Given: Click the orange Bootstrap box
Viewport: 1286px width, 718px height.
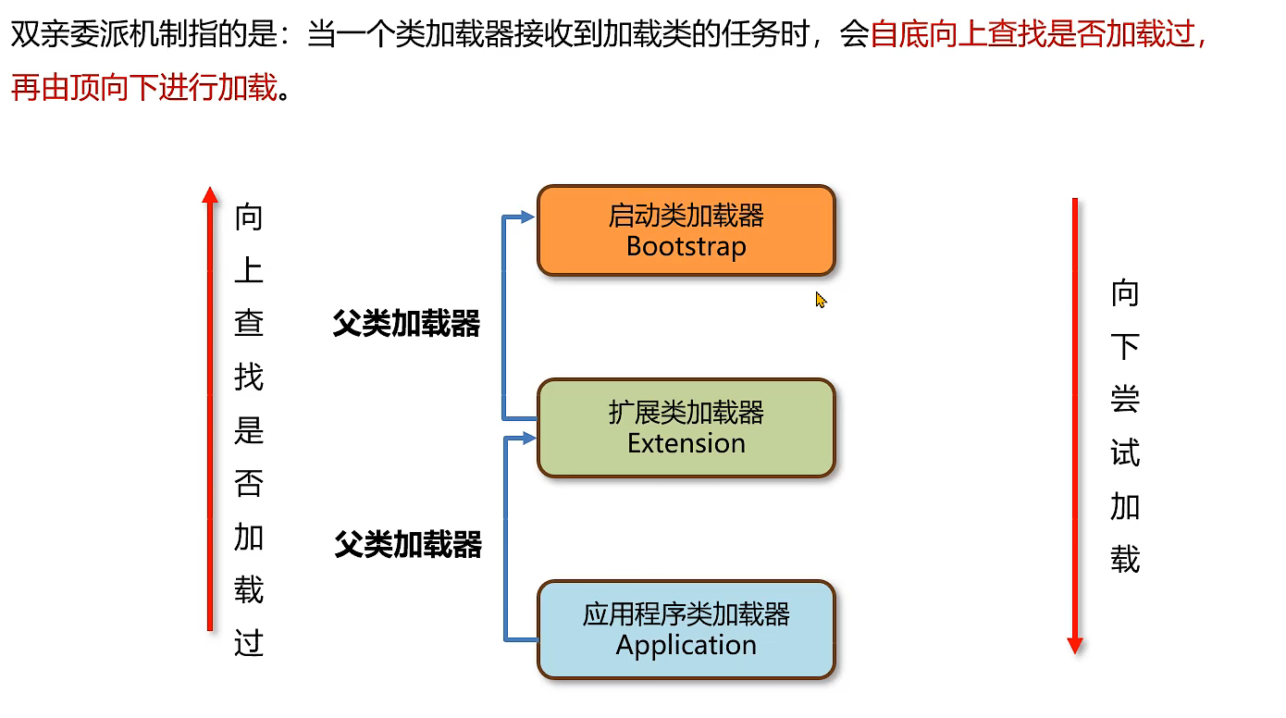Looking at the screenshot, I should tap(686, 230).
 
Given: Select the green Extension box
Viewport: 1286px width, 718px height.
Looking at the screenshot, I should tap(686, 427).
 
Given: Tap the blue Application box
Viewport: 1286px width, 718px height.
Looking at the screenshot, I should tap(686, 629).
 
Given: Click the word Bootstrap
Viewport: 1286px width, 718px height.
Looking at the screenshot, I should tap(686, 246).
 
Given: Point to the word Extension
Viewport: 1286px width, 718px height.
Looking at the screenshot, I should tap(686, 443).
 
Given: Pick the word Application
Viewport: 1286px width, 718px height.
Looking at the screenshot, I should tap(686, 645).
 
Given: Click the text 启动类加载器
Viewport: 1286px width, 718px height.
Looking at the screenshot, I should tap(686, 216).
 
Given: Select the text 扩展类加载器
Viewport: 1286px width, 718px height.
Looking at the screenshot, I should tap(686, 412).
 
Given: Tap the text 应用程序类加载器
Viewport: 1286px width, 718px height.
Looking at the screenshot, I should tap(686, 614).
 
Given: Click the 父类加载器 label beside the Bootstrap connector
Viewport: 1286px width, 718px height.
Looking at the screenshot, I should tap(406, 324).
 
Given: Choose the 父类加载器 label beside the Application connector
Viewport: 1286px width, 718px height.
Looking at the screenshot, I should tap(408, 545).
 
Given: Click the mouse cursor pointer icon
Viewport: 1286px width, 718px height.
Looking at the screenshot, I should tap(820, 299).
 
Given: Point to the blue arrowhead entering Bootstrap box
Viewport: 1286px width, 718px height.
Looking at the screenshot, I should tap(528, 217).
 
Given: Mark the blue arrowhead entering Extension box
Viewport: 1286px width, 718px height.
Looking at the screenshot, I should tap(529, 438).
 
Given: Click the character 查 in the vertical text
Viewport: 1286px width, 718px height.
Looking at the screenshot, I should tap(249, 323).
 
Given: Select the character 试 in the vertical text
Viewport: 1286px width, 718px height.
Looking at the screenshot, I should tap(1125, 453).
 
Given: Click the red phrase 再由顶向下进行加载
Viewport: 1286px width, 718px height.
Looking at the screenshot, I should tap(144, 87).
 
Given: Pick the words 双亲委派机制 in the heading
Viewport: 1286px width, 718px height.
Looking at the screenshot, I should tap(99, 36).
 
